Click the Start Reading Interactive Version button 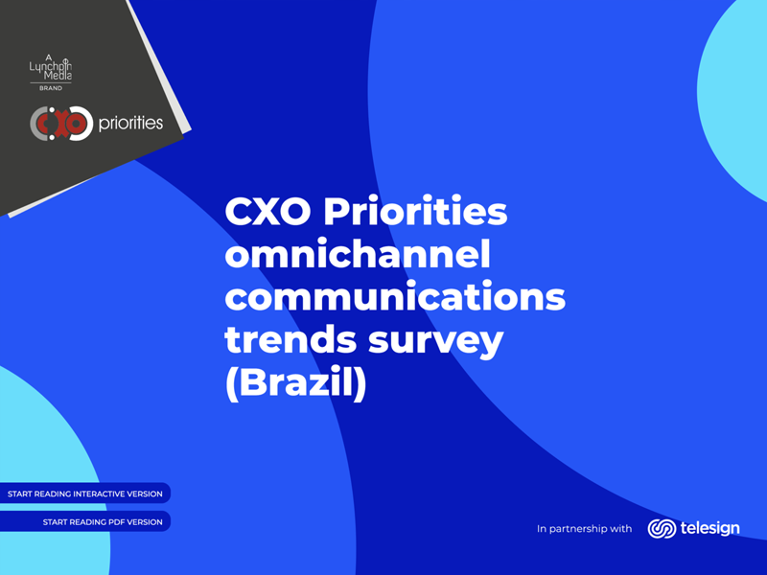click(84, 494)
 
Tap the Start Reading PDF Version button click(84, 521)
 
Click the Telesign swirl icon click(662, 529)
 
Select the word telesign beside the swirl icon click(709, 528)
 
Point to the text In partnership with click(584, 529)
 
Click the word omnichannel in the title click(358, 254)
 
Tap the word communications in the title click(395, 296)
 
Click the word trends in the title click(291, 339)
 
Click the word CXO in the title click(268, 212)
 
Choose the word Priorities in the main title click(415, 211)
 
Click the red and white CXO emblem click(61, 124)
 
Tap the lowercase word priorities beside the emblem click(130, 123)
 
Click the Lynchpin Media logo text click(51, 67)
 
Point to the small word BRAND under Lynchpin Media click(51, 88)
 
